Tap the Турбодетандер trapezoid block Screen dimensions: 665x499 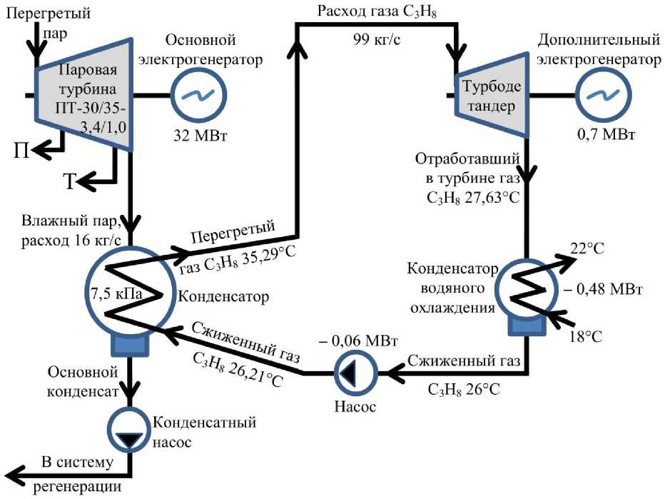492,95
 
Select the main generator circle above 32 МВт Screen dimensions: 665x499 199,95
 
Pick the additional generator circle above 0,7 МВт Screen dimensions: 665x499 603,95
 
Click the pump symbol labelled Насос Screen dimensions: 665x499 355,373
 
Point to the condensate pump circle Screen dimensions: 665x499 130,430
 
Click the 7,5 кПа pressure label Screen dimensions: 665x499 116,293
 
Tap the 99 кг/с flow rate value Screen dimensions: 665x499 377,39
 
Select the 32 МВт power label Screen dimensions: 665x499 200,136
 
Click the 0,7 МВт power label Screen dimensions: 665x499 606,134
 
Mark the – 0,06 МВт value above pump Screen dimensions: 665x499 358,341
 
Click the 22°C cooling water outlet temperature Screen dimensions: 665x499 587,248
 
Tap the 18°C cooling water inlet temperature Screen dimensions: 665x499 586,336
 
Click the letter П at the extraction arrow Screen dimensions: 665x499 21,150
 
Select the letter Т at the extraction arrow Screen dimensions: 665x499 69,181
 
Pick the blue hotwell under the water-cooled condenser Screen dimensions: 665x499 527,326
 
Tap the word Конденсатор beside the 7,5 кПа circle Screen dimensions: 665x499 223,296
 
